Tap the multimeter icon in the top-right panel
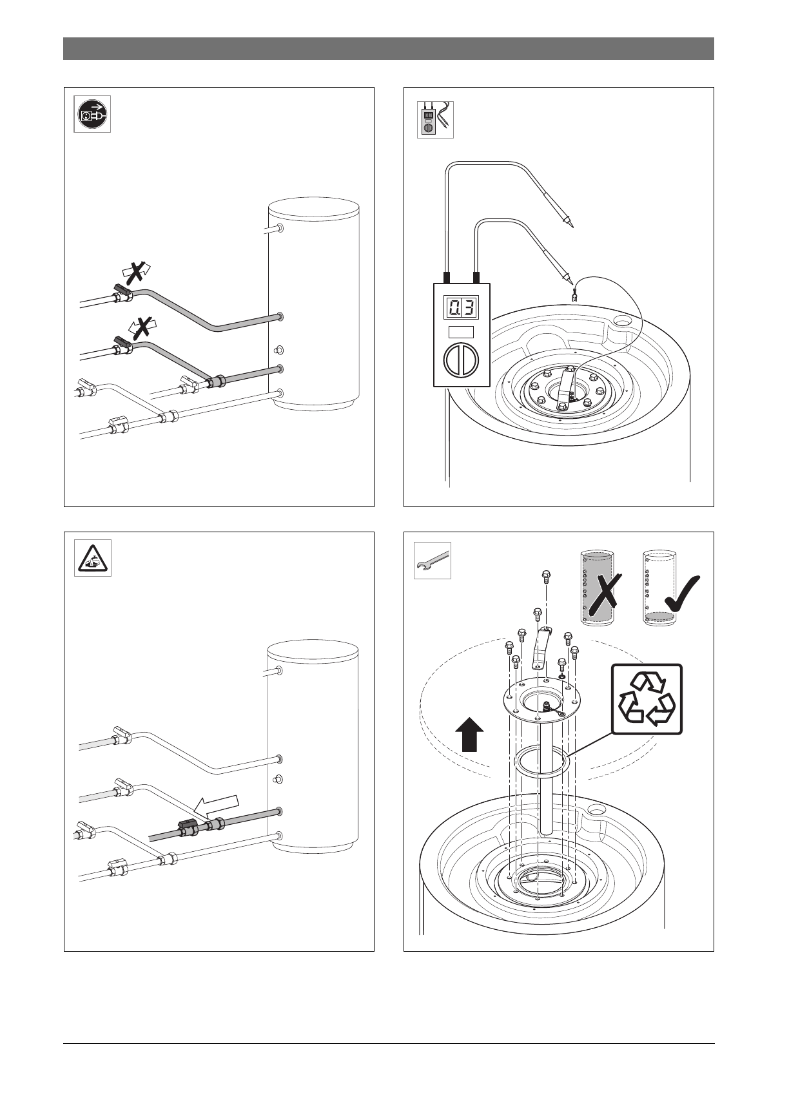[x=435, y=119]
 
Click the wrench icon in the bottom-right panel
[x=432, y=560]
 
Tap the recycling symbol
[x=647, y=699]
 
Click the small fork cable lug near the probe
[x=573, y=296]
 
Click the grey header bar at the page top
[x=388, y=48]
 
